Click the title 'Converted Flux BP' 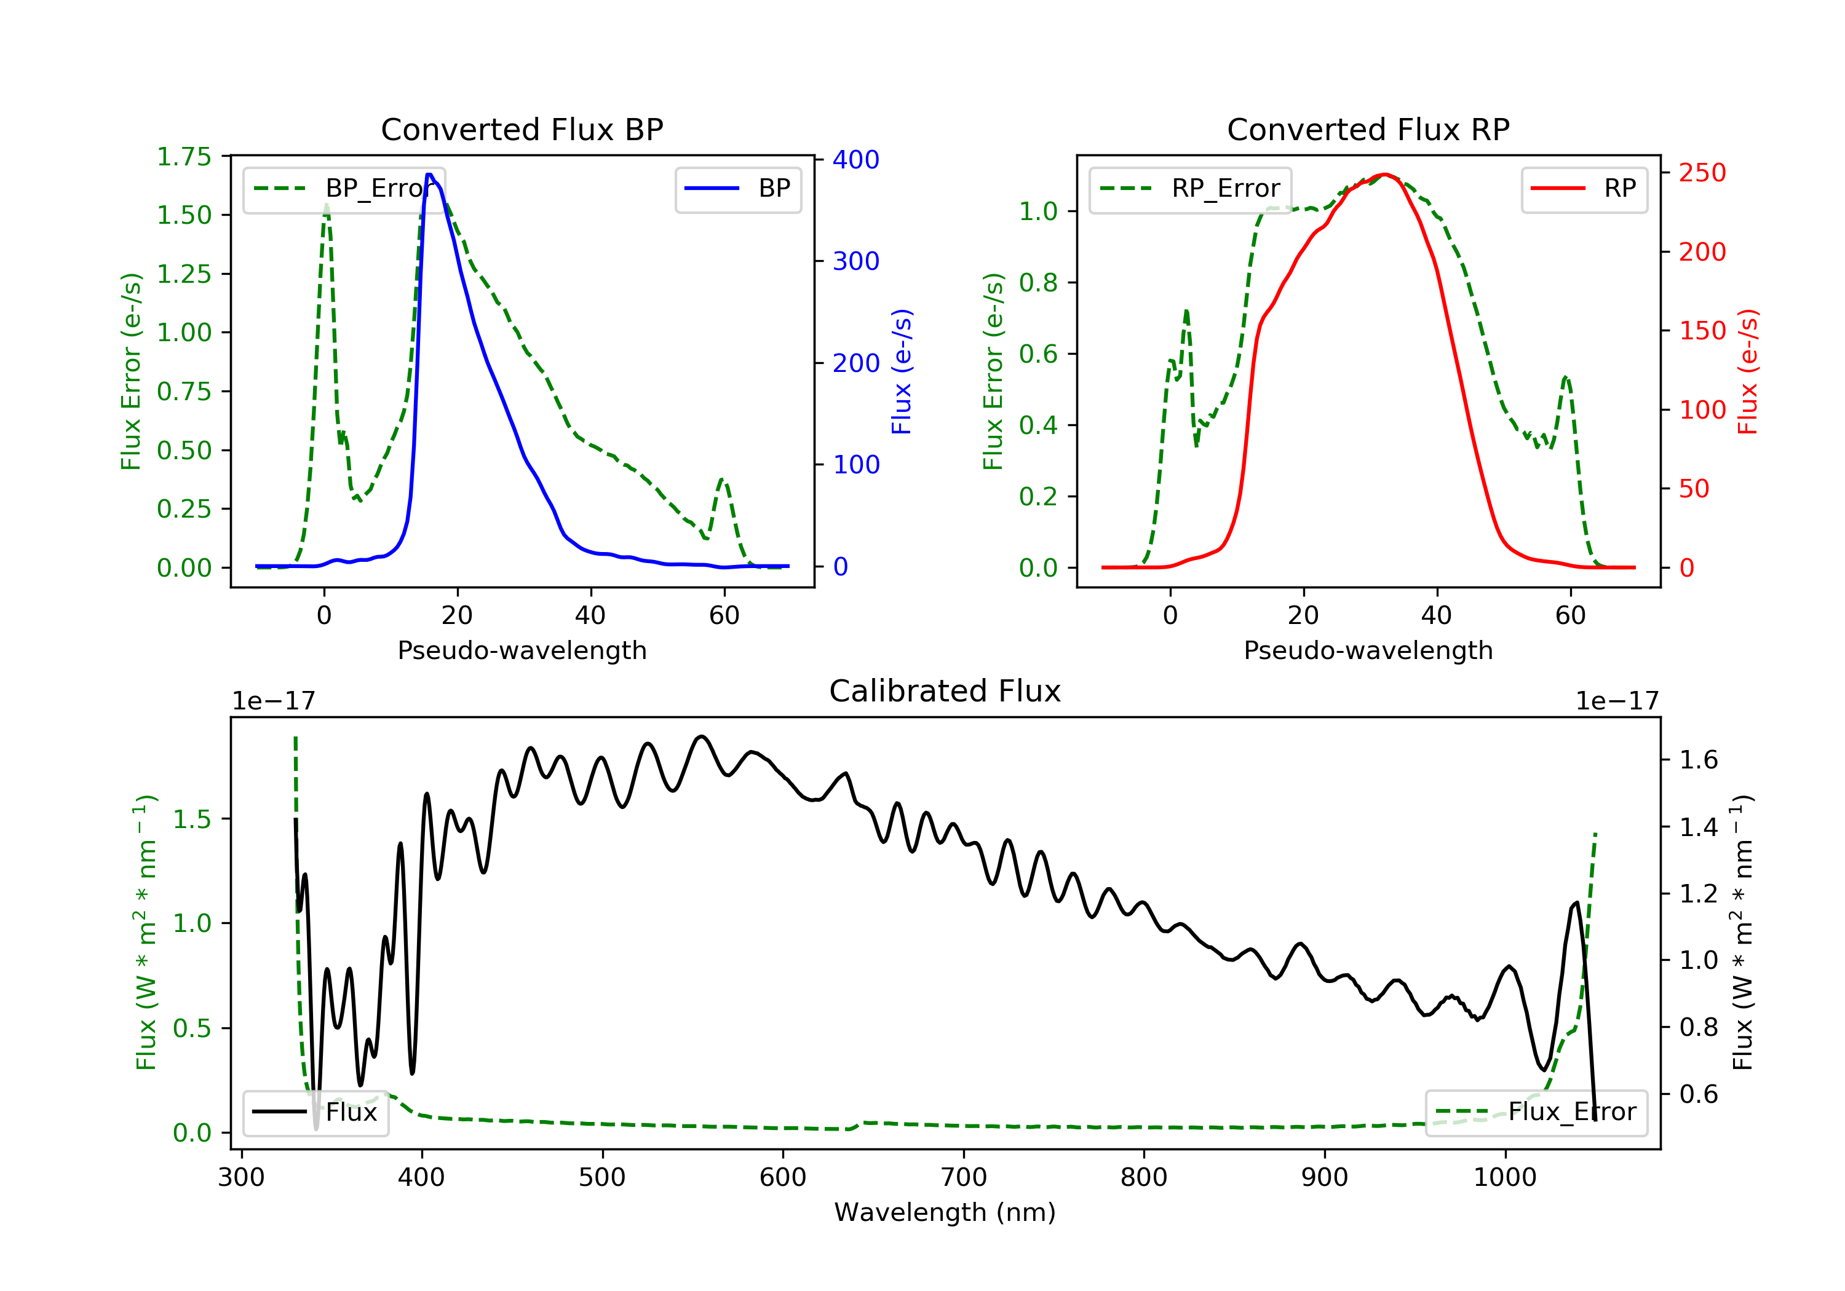click(x=522, y=129)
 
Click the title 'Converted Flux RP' click(x=1368, y=129)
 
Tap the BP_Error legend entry click(x=344, y=189)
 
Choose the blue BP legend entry click(x=737, y=189)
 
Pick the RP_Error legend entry click(x=1190, y=189)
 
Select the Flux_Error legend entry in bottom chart click(x=1536, y=1112)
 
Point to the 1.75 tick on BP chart click(x=184, y=157)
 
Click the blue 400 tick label click(x=856, y=159)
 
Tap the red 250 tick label click(x=1702, y=173)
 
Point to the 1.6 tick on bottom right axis click(x=1699, y=759)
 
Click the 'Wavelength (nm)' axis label click(x=945, y=1212)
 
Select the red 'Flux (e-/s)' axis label click(x=1748, y=372)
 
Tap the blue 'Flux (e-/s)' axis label click(x=902, y=372)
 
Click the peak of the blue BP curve click(x=430, y=175)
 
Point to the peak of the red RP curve click(x=1384, y=175)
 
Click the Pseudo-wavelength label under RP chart click(x=1368, y=650)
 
